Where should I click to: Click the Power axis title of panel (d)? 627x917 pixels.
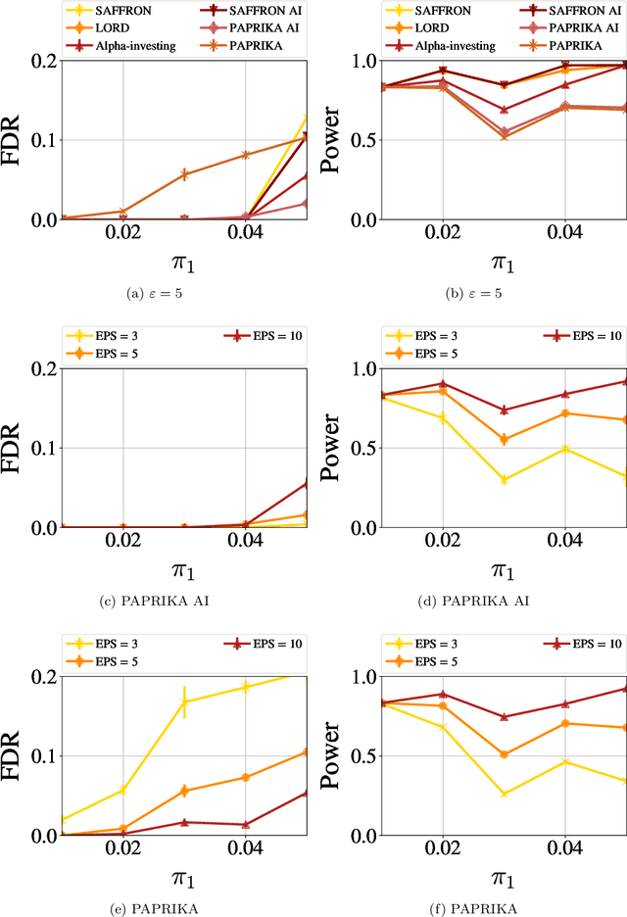(x=333, y=448)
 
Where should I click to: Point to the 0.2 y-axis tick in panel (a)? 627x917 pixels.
(x=43, y=61)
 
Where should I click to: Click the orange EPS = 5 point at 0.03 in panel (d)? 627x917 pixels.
(x=505, y=440)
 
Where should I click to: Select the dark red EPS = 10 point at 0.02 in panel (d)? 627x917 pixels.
(x=442, y=383)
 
